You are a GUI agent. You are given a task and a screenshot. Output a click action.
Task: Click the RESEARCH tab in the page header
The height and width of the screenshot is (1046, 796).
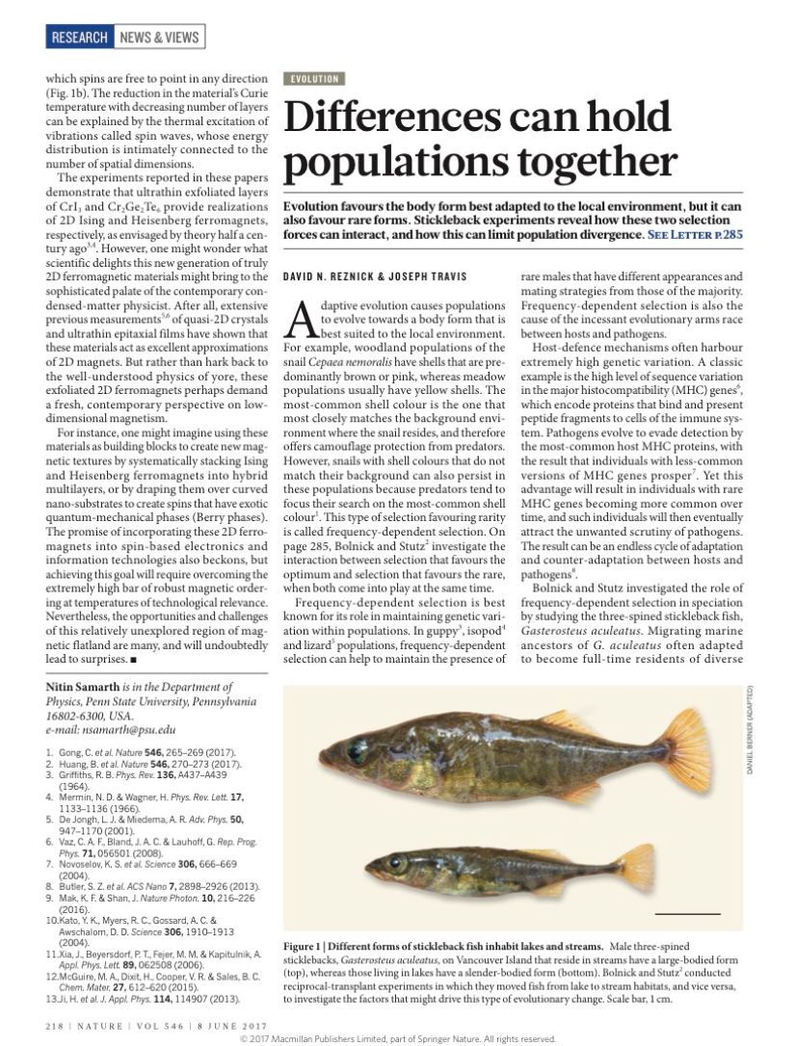(x=80, y=38)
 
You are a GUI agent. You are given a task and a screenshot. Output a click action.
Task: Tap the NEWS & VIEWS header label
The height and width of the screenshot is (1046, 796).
(x=159, y=38)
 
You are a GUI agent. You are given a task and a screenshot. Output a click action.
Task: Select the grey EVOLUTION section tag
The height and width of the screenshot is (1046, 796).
(x=312, y=79)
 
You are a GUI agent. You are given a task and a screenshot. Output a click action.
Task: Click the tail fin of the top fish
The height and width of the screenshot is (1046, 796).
(x=685, y=747)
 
